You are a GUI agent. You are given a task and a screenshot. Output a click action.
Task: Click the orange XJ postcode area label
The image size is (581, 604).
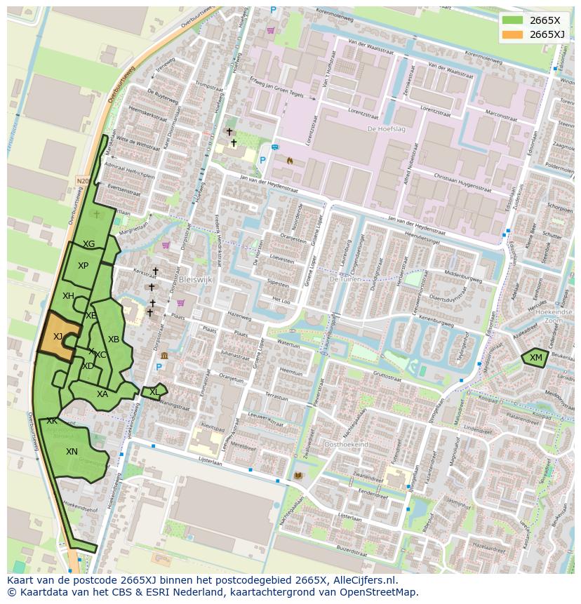pos(58,337)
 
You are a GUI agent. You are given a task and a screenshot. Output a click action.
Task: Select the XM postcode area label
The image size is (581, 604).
pos(536,358)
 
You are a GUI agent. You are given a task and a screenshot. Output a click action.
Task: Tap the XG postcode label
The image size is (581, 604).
pos(88,244)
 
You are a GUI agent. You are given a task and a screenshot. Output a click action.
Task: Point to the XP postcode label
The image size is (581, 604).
pos(83,266)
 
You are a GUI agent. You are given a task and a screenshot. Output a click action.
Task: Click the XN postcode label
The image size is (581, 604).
pos(72,452)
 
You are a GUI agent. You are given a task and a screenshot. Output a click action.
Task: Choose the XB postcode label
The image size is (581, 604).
pos(113,340)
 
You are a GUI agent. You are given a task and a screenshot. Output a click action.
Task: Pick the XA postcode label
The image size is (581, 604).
pos(102,394)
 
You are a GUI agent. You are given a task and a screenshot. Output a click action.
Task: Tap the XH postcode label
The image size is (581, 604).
pos(68,296)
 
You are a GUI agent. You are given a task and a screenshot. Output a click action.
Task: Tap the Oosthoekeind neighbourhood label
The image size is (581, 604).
pos(346,445)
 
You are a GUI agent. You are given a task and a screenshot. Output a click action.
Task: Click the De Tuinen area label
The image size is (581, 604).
pos(344,278)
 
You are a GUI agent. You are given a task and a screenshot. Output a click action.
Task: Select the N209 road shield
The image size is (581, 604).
pos(83,181)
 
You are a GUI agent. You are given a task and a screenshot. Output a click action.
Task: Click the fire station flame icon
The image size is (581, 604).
pos(289,160)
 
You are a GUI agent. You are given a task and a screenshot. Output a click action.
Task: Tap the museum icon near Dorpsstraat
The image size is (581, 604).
pos(164,355)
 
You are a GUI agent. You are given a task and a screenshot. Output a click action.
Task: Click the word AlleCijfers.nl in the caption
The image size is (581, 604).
pos(366,580)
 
